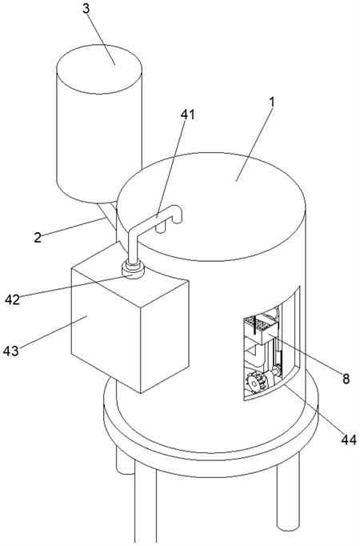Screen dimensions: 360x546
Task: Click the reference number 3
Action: point(86,9)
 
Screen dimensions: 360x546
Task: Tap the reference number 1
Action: point(272,102)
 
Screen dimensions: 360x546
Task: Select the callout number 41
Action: point(187,114)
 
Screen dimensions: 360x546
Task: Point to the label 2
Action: point(38,237)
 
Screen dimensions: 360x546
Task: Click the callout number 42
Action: point(13,299)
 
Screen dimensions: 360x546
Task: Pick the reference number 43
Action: point(10,351)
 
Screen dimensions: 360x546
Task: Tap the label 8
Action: point(346,379)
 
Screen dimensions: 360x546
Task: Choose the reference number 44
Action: point(349,440)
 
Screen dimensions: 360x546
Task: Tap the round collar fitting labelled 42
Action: point(133,270)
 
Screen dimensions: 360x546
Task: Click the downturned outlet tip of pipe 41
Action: point(177,219)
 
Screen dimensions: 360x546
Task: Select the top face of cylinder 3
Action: point(99,69)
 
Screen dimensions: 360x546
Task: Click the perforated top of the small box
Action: point(262,325)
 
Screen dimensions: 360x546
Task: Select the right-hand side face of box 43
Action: point(165,336)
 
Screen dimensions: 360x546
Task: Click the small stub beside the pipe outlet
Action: point(160,228)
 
